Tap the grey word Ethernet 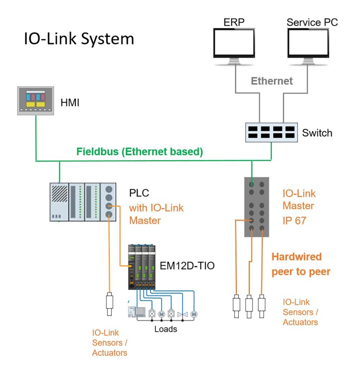click(271, 81)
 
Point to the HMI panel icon click(36, 101)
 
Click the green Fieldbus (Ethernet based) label click(140, 152)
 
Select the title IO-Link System click(79, 39)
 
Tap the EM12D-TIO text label click(187, 266)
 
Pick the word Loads click(166, 329)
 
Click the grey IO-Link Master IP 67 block click(257, 207)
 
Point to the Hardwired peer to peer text click(300, 264)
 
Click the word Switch click(317, 133)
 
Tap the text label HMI click(70, 102)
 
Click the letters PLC click(139, 193)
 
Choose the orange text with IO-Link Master click(156, 214)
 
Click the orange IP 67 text click(295, 221)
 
